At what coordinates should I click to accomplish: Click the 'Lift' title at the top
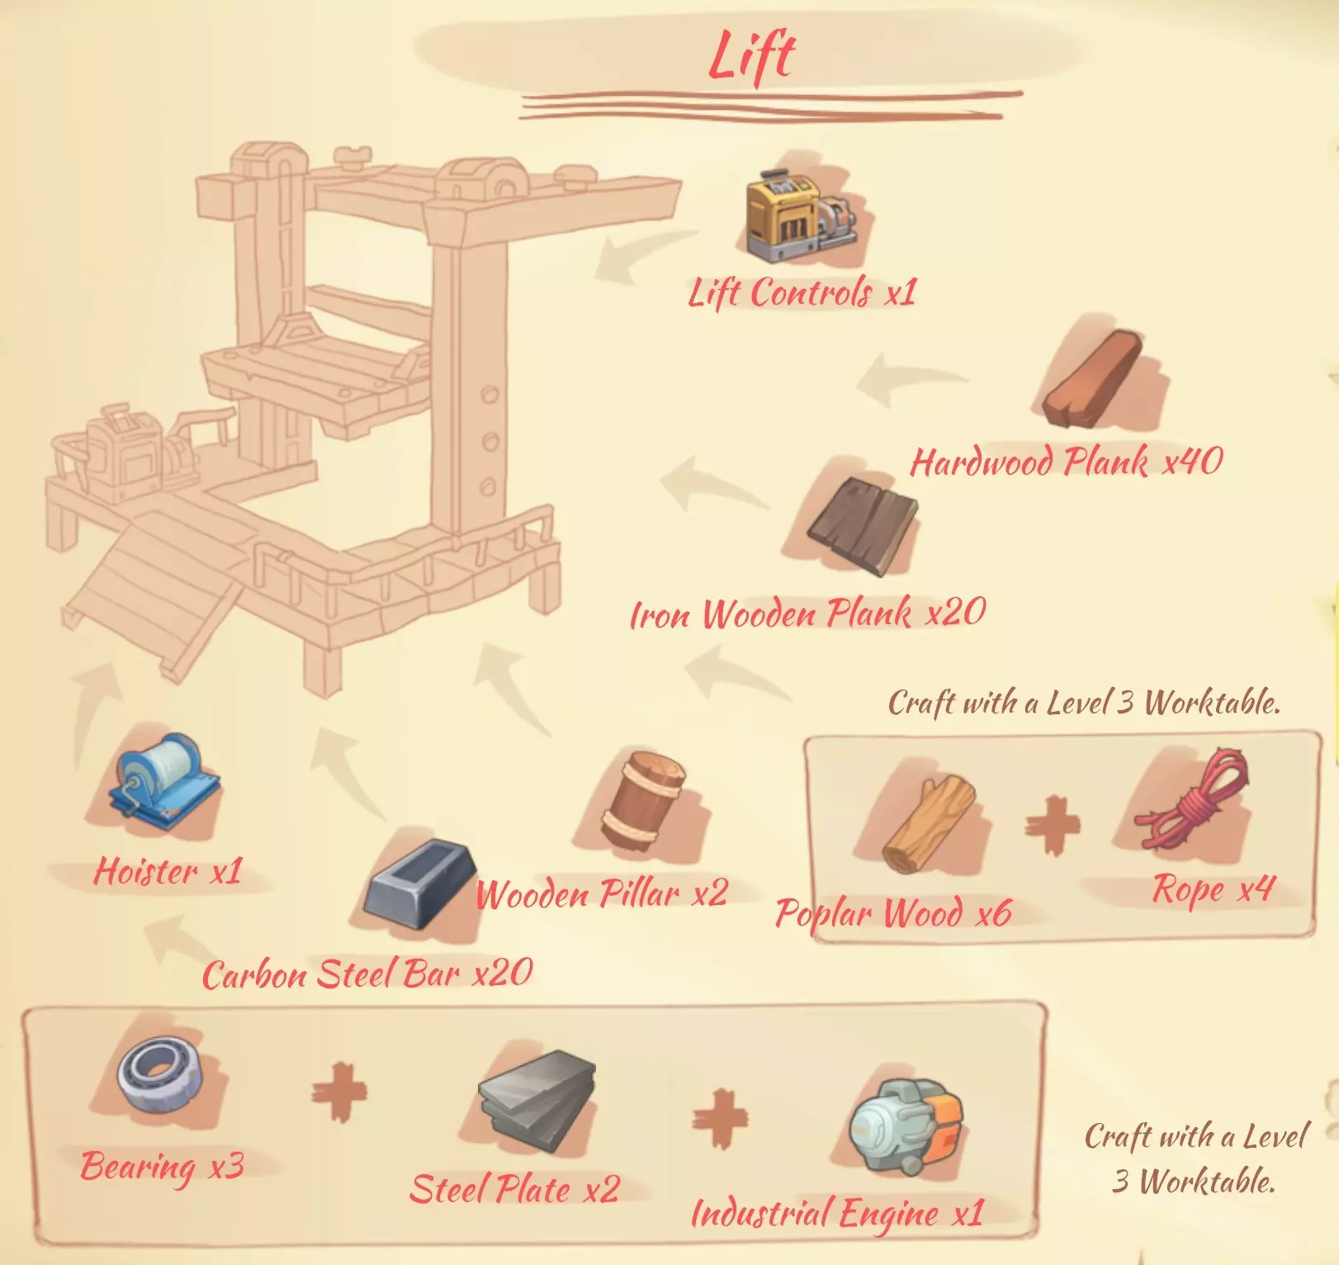751,56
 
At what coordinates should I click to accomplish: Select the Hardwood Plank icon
1092,379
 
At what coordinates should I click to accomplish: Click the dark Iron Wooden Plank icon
862,526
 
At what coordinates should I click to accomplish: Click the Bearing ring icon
159,1077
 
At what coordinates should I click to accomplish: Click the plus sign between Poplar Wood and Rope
1053,824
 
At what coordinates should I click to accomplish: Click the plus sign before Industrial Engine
720,1116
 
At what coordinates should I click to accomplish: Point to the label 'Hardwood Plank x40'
1066,462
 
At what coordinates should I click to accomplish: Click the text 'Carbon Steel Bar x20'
367,974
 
